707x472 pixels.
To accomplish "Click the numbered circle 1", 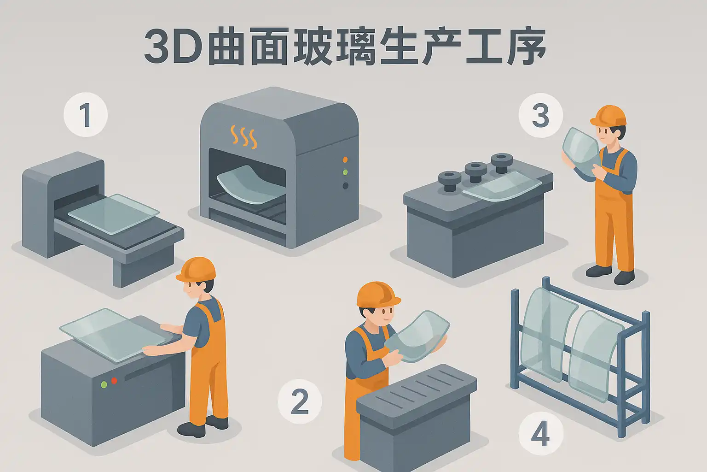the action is coord(86,114).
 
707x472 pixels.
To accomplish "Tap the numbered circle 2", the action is coord(300,401).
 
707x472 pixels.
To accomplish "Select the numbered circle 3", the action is coord(541,115).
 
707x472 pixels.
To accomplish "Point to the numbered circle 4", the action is coord(541,434).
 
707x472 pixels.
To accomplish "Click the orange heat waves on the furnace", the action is coord(243,136).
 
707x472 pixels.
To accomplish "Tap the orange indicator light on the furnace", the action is coord(345,159).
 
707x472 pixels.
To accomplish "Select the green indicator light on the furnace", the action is coord(345,172).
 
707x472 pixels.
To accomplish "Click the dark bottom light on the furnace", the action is coord(345,186).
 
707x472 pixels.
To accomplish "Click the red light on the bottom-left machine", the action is coord(114,381).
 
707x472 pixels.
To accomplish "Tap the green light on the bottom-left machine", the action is coord(104,385).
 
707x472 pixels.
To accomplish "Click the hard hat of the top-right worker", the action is coord(608,115).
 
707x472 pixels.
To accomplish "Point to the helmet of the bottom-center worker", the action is coord(378,295).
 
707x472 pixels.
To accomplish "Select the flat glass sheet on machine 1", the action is coord(114,214).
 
